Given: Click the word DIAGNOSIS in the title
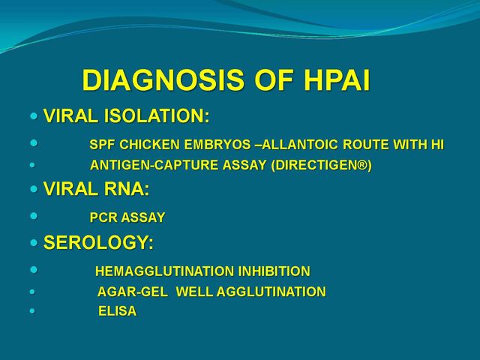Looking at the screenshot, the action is (163, 80).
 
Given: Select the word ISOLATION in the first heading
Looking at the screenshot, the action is (157, 115).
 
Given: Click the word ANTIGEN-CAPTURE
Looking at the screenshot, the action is (154, 165).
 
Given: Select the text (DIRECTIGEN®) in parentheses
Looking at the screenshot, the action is (322, 165).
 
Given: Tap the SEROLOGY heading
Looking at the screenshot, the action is (98, 242).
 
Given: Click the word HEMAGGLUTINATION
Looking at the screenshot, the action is (165, 271).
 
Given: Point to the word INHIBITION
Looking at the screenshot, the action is (274, 271).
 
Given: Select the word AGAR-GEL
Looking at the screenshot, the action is (133, 292).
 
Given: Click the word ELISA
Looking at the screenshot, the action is (117, 311).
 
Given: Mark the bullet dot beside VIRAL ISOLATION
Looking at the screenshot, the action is (34, 116).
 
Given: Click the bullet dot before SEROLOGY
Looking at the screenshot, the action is (34, 243).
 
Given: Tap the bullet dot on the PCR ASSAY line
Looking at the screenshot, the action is (34, 216).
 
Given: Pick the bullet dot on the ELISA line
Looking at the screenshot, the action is (32, 311).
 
